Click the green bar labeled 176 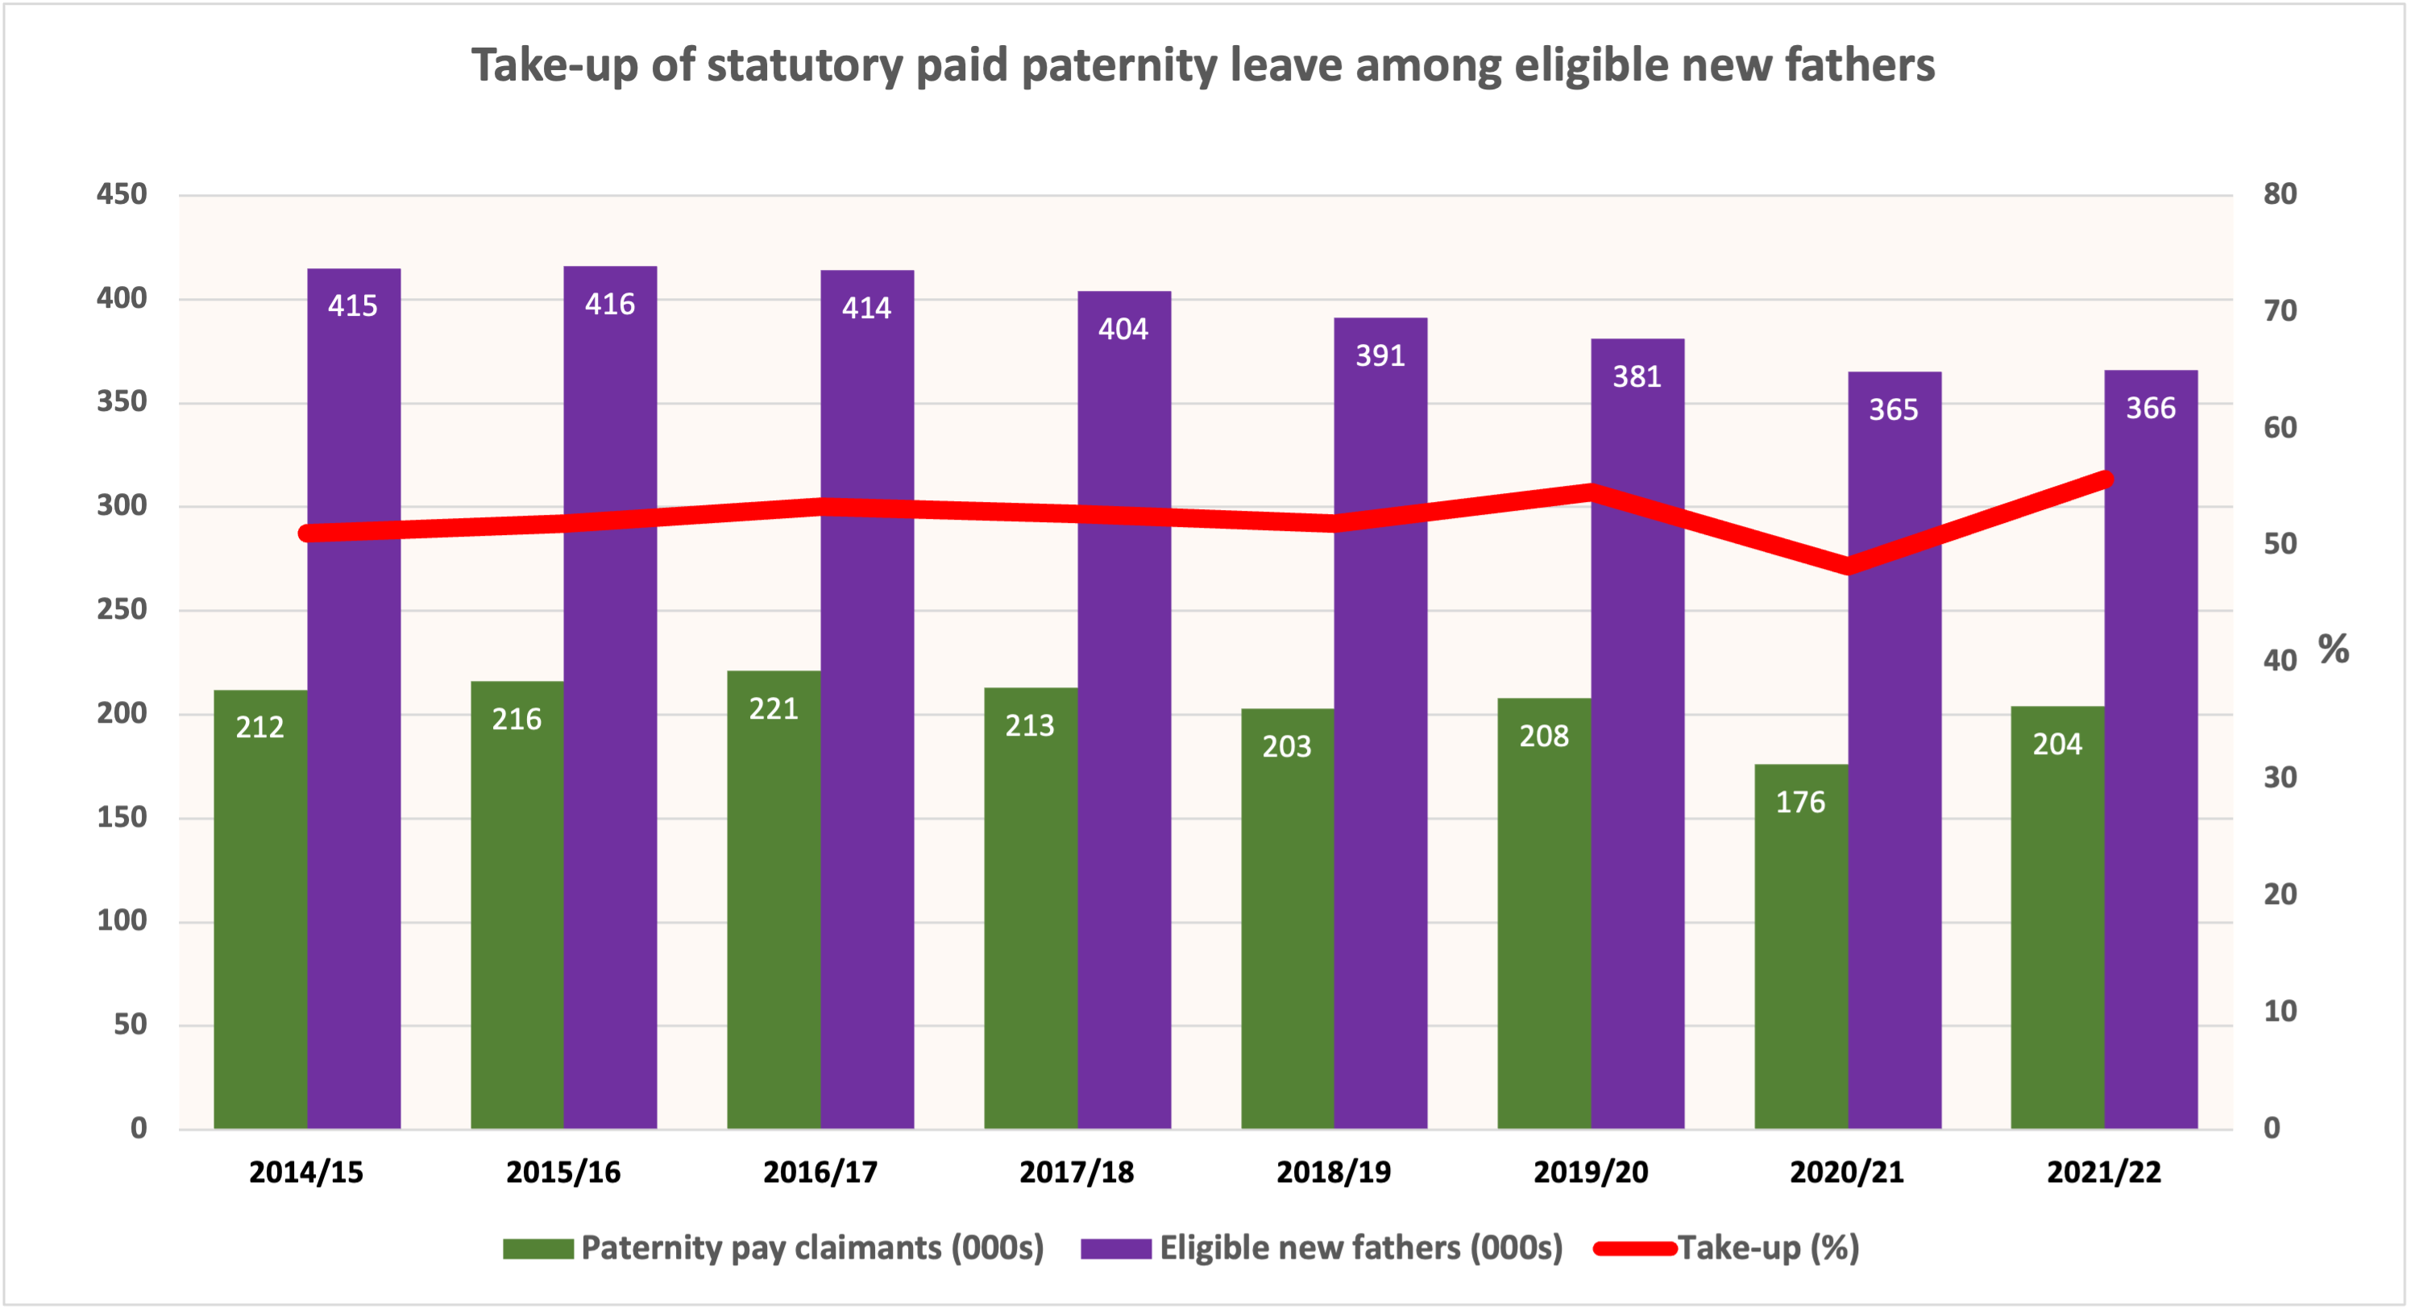tap(1801, 945)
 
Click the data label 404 tap(1123, 330)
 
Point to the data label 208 tap(1543, 736)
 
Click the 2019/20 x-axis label tap(1590, 1172)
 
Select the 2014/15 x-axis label tap(306, 1172)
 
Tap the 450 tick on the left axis tap(122, 195)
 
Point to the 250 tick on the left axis tap(122, 609)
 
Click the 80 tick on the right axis tap(2280, 195)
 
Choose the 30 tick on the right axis tap(2280, 778)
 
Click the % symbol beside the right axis tap(2334, 649)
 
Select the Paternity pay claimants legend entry tap(811, 1247)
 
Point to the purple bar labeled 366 tap(2151, 749)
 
